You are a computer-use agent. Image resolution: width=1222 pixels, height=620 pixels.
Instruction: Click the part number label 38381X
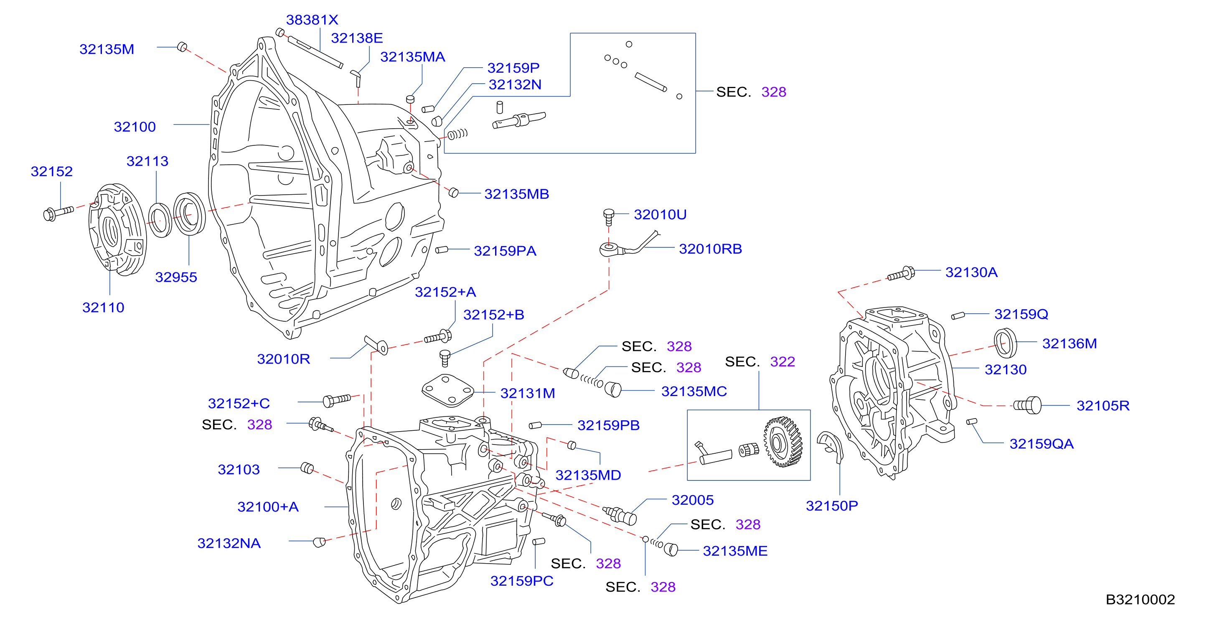click(312, 20)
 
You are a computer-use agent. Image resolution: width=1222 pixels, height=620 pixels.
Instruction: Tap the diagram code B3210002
click(1140, 600)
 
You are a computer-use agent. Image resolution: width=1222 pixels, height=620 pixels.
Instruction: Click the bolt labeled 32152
click(58, 213)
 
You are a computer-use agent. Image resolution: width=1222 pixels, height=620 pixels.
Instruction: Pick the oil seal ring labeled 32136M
click(1005, 343)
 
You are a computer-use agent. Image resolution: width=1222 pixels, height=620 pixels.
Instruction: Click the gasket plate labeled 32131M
click(448, 390)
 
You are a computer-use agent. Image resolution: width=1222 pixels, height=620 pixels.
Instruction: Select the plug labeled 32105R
click(1027, 405)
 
